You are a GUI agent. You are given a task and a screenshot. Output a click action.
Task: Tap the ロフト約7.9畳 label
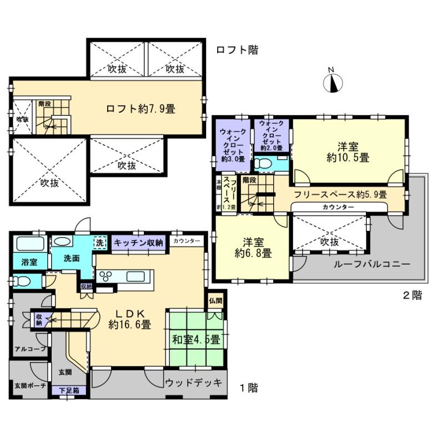coord(140,109)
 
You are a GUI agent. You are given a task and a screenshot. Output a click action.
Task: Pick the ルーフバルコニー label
coord(371,264)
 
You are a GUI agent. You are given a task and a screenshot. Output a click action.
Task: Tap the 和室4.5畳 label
coord(194,338)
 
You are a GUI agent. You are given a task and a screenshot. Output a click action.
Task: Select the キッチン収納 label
coord(138,242)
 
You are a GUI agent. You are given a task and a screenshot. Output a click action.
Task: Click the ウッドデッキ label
coord(194,383)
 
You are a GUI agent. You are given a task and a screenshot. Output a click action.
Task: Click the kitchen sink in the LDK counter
coord(137,276)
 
